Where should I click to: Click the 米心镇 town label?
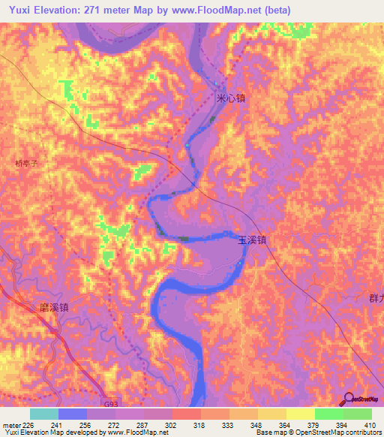[x=230, y=99]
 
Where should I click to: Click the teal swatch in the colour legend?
[x=44, y=414]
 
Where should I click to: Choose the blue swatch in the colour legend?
[x=73, y=414]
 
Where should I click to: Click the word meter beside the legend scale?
[x=11, y=424]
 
